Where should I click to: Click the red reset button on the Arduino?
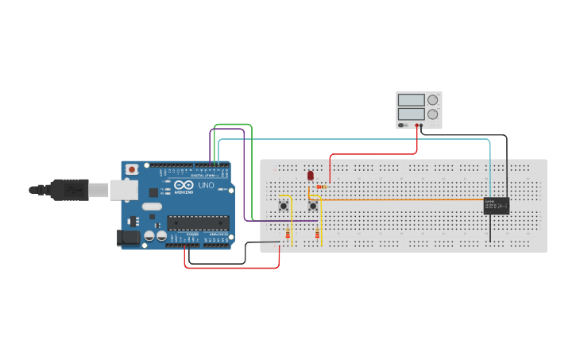(132, 169)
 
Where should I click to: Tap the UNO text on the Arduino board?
(206, 184)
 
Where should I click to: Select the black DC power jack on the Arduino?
(127, 237)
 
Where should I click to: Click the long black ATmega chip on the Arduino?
(198, 223)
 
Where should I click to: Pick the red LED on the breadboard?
(310, 175)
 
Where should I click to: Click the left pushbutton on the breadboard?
(284, 206)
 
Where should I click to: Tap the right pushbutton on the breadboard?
(313, 206)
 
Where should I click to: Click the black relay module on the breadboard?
(497, 206)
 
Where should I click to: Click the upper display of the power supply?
(411, 100)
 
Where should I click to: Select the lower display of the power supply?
(411, 114)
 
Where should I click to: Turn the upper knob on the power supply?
(432, 100)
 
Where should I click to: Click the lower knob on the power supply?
(432, 114)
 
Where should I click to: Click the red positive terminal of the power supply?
(416, 125)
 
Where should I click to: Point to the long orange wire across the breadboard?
(397, 199)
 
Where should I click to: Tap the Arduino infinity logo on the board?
(184, 185)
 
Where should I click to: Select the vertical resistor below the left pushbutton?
(288, 234)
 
